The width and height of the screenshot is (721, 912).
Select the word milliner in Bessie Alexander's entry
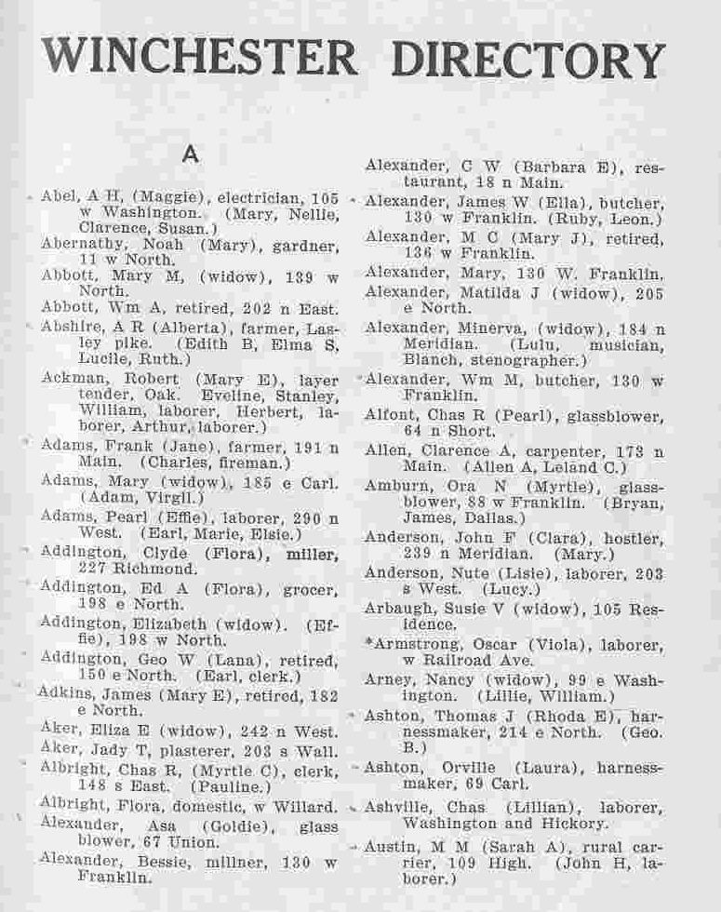(x=221, y=861)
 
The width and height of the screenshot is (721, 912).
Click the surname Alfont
(x=392, y=414)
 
